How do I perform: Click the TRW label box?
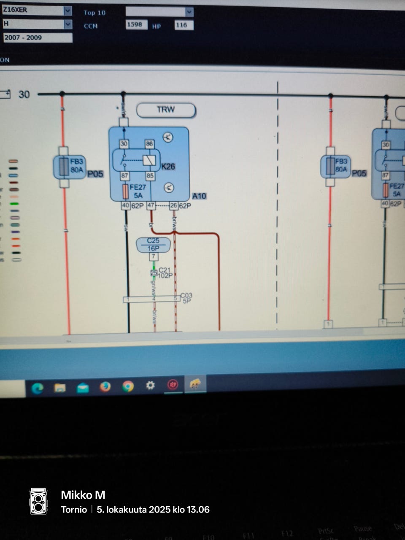point(166,110)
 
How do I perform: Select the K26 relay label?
point(168,167)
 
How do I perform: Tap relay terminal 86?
point(149,144)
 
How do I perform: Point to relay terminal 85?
point(149,175)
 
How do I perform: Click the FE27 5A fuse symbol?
point(125,192)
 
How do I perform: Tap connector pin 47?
point(151,206)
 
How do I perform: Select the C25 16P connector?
point(153,245)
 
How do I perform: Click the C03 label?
point(186,295)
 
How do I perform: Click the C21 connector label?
point(165,270)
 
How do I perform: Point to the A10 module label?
point(199,196)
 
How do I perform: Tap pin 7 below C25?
point(154,256)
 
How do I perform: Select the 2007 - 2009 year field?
point(37,38)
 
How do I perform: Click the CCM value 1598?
point(136,25)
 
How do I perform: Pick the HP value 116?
point(184,25)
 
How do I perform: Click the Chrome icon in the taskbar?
point(127,386)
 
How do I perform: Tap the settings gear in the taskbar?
point(150,385)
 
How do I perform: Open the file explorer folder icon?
point(60,388)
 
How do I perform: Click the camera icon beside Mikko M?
point(38,502)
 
